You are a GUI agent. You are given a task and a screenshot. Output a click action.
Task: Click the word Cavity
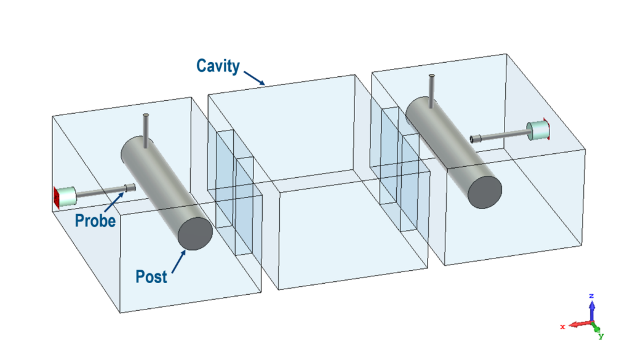pyautogui.click(x=218, y=65)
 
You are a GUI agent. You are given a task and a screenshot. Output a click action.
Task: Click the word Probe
pyautogui.click(x=95, y=220)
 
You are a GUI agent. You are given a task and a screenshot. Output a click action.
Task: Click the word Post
pyautogui.click(x=151, y=276)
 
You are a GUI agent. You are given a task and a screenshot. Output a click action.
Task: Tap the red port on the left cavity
pyautogui.click(x=55, y=196)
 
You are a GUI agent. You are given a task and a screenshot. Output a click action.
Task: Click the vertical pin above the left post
pyautogui.click(x=146, y=130)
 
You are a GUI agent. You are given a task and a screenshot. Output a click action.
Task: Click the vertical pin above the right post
pyautogui.click(x=433, y=87)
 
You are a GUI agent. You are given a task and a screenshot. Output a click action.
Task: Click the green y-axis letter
pyautogui.click(x=601, y=336)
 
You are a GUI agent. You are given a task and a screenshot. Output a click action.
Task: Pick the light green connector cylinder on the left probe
pyautogui.click(x=66, y=196)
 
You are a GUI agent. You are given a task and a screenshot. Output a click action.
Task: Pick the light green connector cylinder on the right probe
pyautogui.click(x=537, y=130)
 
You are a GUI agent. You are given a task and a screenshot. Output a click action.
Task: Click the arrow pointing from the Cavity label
pyautogui.click(x=255, y=78)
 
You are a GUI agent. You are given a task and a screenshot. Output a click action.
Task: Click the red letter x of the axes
pyautogui.click(x=562, y=327)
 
